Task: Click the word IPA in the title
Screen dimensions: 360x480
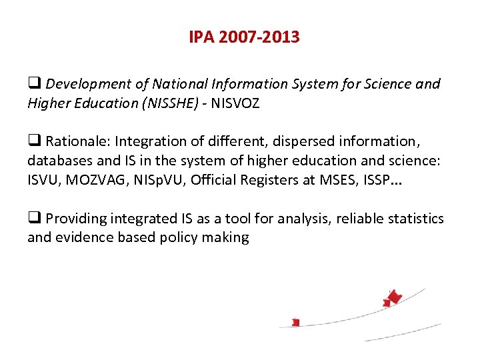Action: click(x=201, y=37)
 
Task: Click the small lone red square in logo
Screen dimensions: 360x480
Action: click(x=296, y=323)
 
